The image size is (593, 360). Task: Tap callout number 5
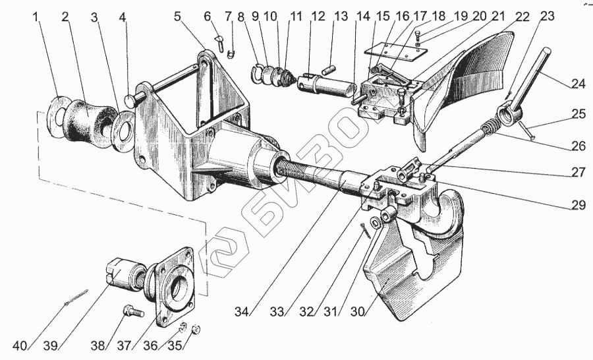(177, 16)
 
